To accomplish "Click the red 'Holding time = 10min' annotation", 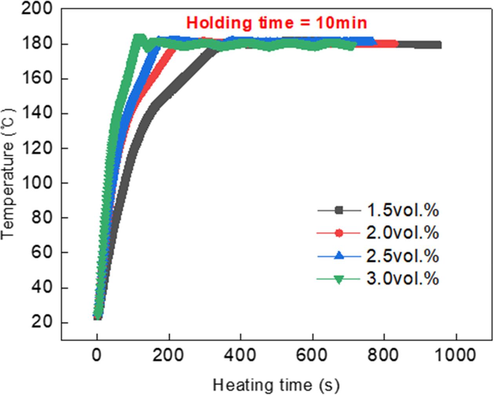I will pyautogui.click(x=276, y=23).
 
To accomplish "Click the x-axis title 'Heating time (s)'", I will pyautogui.click(x=276, y=385).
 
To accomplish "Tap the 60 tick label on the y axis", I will pyautogui.click(x=42, y=252).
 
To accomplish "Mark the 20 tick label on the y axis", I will pyautogui.click(x=42, y=322).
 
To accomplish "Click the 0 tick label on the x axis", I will pyautogui.click(x=97, y=355).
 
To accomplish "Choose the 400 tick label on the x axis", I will pyautogui.click(x=240, y=355).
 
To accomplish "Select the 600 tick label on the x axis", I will pyautogui.click(x=312, y=355).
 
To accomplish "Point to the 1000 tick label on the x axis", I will pyautogui.click(x=456, y=355).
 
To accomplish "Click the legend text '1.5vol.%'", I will pyautogui.click(x=403, y=210).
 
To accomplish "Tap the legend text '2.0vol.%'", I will pyautogui.click(x=403, y=233).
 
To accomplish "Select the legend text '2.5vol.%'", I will pyautogui.click(x=403, y=256).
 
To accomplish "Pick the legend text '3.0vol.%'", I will pyautogui.click(x=403, y=279).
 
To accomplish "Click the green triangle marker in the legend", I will pyautogui.click(x=339, y=279).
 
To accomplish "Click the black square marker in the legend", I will pyautogui.click(x=339, y=210).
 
